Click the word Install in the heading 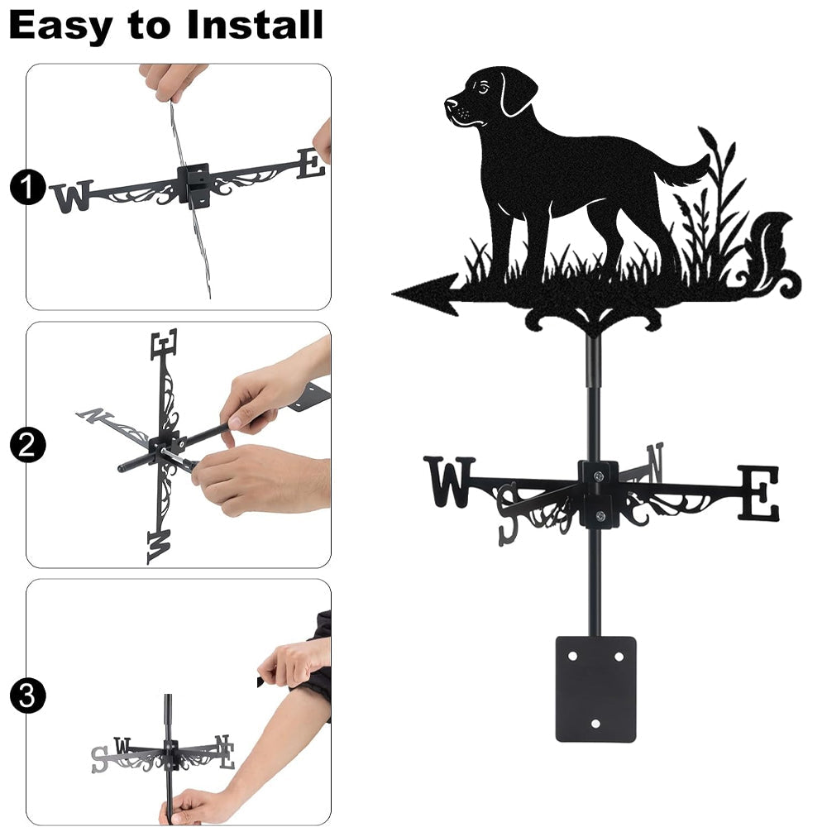(255, 25)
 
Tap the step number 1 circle (27, 187)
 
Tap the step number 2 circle (27, 446)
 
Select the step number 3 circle (27, 696)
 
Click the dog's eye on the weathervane (483, 87)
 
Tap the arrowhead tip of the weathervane (393, 294)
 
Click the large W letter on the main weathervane (449, 481)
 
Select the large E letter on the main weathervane (758, 493)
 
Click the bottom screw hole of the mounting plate (596, 723)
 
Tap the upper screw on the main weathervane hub (598, 476)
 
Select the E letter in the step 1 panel (311, 164)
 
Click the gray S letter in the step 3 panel (99, 759)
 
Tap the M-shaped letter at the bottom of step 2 (160, 547)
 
